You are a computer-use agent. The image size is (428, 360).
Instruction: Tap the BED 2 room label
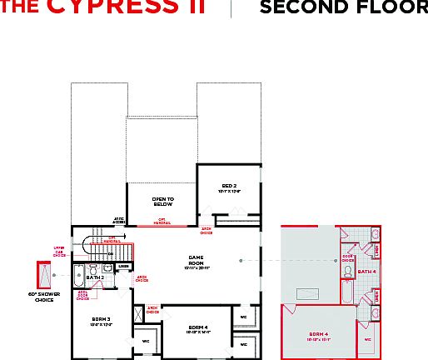tap(229, 188)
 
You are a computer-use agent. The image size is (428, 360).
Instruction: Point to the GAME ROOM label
tap(197, 261)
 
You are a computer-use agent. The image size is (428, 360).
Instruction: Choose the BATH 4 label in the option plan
tap(366, 271)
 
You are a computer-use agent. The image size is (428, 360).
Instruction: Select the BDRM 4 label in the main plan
tap(199, 328)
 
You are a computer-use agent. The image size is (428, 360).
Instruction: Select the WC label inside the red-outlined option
tap(367, 340)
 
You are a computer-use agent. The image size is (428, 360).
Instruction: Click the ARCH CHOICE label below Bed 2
tap(206, 232)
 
